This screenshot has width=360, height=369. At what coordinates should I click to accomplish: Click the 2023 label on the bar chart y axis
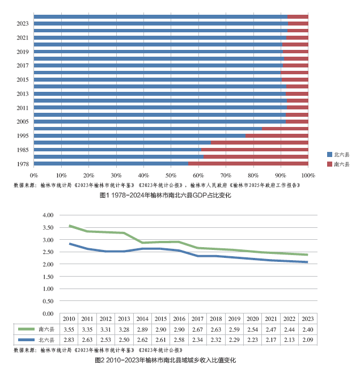pyautogui.click(x=23, y=23)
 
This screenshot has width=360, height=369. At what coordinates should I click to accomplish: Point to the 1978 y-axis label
pyautogui.click(x=23, y=164)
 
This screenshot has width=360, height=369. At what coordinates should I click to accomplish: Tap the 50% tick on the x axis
pyautogui.click(x=171, y=175)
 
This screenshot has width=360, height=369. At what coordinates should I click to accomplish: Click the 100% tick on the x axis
pyautogui.click(x=308, y=175)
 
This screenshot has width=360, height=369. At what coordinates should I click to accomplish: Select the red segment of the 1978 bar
pyautogui.click(x=248, y=164)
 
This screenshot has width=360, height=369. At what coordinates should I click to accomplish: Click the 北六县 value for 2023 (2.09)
pyautogui.click(x=307, y=340)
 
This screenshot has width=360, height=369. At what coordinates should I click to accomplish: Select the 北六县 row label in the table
pyautogui.click(x=45, y=340)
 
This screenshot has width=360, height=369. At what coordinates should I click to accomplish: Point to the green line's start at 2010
pyautogui.click(x=69, y=226)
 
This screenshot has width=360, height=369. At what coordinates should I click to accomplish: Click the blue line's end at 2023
pyautogui.click(x=307, y=262)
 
